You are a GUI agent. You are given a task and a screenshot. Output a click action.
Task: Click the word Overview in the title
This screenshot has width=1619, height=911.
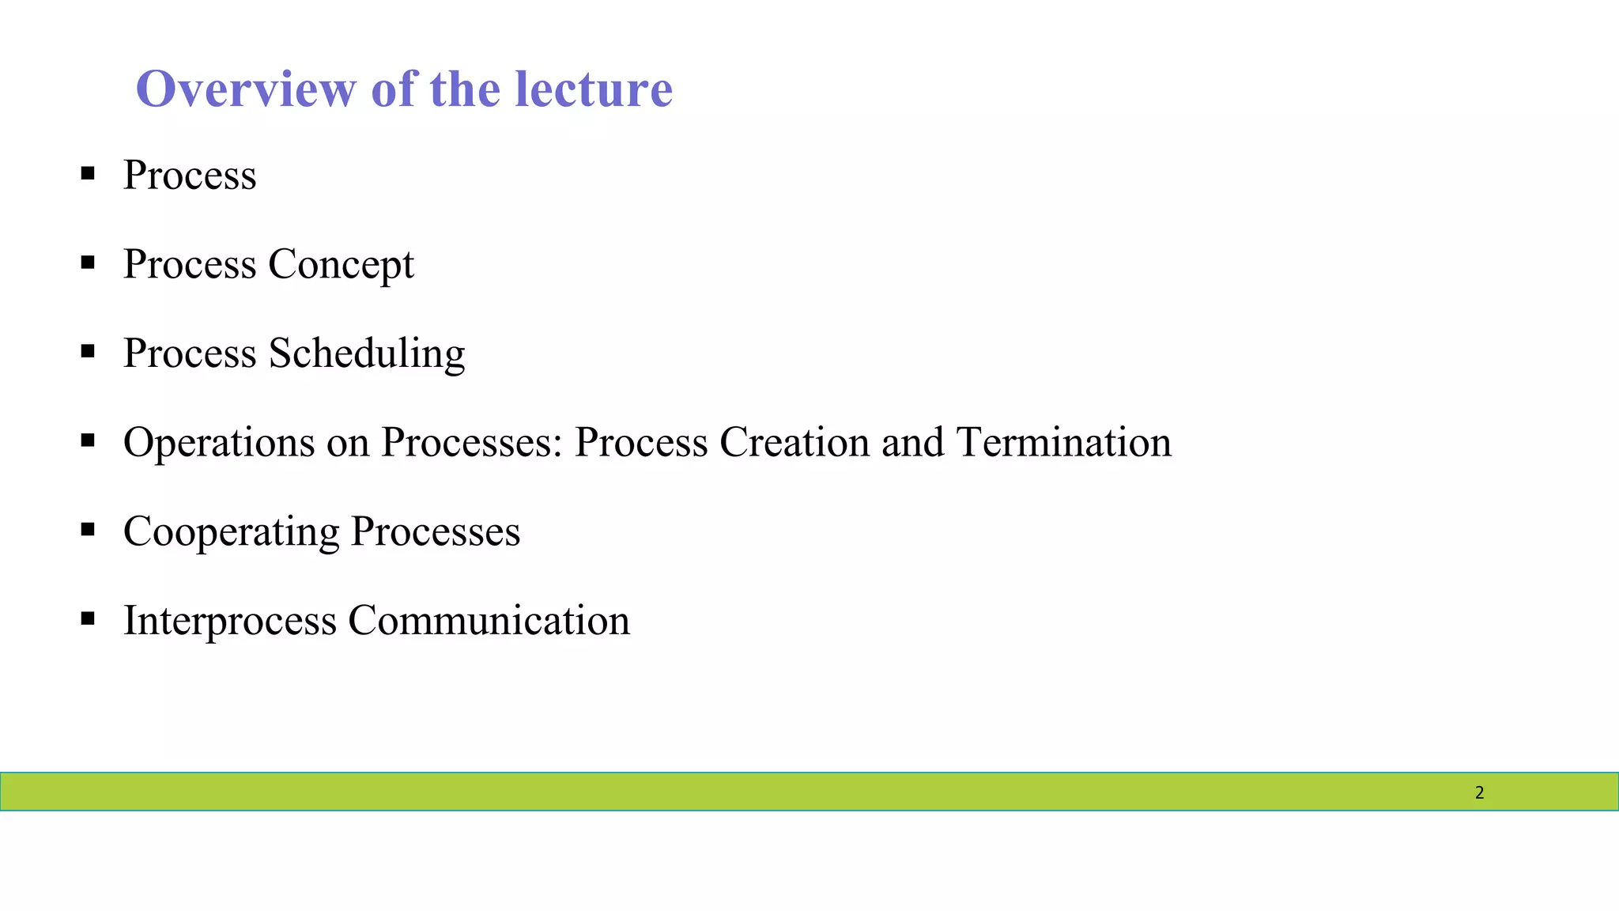click(246, 89)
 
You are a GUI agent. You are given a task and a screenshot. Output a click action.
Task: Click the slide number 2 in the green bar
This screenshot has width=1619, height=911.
click(1479, 792)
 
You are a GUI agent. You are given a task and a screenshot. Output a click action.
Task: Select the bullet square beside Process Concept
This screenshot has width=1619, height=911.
click(88, 262)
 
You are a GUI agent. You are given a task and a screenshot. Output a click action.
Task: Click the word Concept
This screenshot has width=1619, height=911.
click(341, 265)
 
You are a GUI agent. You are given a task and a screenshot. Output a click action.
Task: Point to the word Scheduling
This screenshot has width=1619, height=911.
click(367, 353)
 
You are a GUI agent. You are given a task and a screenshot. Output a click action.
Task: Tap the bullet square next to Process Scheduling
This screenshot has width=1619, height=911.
click(88, 350)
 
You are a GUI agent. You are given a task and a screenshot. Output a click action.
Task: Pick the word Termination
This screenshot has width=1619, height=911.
click(1064, 442)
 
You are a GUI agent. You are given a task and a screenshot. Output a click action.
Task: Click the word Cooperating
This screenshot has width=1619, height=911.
click(231, 532)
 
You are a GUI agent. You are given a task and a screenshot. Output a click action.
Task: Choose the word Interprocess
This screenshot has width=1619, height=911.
click(230, 621)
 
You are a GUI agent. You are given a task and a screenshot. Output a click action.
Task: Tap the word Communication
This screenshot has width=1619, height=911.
click(489, 620)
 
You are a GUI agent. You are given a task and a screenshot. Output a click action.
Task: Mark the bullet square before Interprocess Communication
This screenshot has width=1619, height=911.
click(88, 618)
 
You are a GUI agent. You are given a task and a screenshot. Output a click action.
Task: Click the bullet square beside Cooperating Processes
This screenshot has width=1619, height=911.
click(88, 528)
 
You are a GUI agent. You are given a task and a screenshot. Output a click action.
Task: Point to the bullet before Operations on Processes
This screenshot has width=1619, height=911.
click(88, 440)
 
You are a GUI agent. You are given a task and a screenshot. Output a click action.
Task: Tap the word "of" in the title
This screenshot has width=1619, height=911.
click(393, 89)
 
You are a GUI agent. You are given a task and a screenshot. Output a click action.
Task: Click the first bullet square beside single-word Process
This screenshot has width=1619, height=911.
click(88, 172)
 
